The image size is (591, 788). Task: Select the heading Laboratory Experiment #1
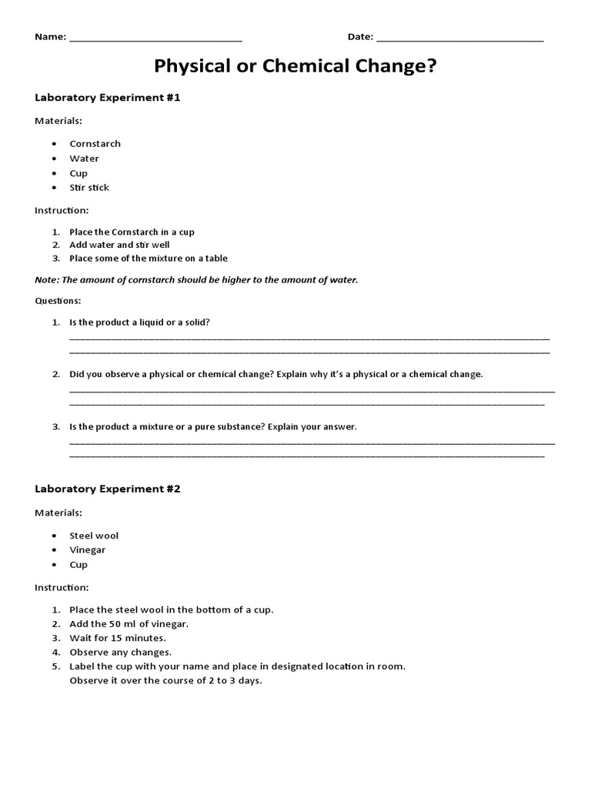108,98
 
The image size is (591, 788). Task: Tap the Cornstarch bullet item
95,144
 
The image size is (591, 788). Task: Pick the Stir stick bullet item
89,188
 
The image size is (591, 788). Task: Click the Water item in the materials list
84,159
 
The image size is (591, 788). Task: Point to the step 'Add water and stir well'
119,245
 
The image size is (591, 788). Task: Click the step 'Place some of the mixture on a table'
148,259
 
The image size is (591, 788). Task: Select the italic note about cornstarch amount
196,280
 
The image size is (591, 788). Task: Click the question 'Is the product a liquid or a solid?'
139,322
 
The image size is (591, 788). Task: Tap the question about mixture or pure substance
213,426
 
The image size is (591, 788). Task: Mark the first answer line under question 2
312,390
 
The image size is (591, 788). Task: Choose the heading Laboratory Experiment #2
108,489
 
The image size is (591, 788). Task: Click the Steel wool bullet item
94,536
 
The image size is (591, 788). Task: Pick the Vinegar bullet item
87,550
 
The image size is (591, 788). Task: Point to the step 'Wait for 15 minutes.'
118,638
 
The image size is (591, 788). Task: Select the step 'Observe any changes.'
120,652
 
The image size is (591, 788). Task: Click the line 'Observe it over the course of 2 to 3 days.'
165,680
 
